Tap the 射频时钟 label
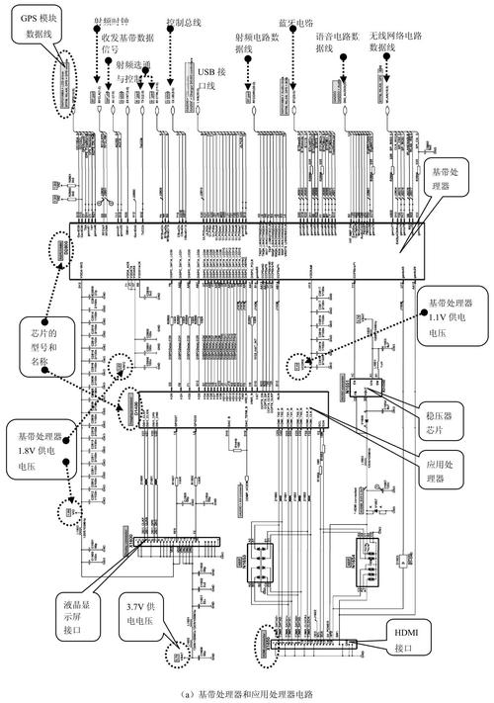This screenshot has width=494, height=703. tap(110, 20)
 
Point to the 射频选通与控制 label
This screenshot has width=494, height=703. tap(133, 70)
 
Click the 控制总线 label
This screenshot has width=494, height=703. tap(184, 20)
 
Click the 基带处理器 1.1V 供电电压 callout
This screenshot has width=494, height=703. tap(453, 317)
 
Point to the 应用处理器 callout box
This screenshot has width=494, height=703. tap(445, 469)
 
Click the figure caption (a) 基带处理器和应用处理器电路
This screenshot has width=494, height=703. tap(246, 693)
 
